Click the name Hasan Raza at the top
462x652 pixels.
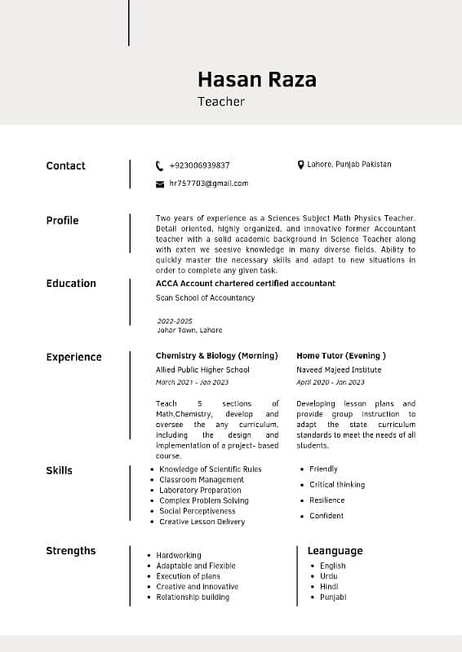point(256,79)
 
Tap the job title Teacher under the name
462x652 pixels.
point(220,102)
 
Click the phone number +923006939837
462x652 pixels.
point(199,165)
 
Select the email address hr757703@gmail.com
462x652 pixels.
point(208,183)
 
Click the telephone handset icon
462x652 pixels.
point(160,165)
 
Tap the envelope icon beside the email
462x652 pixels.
point(160,184)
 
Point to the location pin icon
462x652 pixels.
point(300,165)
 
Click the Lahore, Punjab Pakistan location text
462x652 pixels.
point(349,165)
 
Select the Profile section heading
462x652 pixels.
point(62,220)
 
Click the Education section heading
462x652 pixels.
point(71,284)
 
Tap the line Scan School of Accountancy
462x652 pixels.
point(205,298)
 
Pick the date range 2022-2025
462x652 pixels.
point(174,321)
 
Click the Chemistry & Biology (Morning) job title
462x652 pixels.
point(216,356)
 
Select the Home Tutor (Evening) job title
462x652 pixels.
point(341,356)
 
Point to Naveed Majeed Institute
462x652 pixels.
point(339,370)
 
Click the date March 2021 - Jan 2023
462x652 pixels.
point(192,382)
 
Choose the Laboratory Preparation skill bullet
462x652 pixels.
point(200,490)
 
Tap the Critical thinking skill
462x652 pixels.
point(337,484)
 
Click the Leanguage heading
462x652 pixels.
point(335,551)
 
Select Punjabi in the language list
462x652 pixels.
point(333,597)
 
